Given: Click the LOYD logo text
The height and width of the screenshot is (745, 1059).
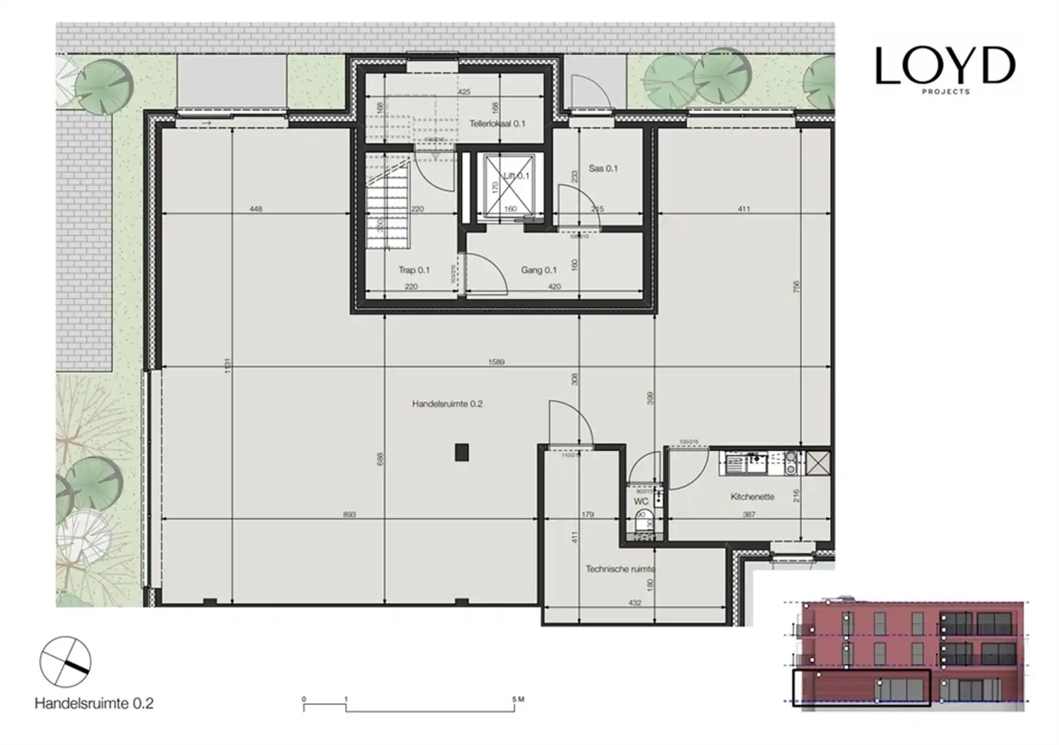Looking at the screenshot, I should (x=945, y=65).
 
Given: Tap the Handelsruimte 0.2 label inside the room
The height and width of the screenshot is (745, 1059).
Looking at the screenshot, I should (x=447, y=404).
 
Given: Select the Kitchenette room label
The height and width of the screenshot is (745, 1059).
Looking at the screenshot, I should (x=752, y=497).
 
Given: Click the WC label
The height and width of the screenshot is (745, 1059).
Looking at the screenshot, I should (x=641, y=502).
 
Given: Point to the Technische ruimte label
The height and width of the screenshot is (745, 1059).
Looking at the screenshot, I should (x=620, y=569).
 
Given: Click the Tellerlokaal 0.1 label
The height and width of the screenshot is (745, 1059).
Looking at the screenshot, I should (x=497, y=124).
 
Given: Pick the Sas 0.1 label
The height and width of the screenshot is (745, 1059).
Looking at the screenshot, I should (x=603, y=169).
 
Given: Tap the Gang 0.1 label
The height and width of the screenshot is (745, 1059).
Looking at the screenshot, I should (x=539, y=270).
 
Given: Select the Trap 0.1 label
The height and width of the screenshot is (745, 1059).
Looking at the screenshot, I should (x=414, y=270).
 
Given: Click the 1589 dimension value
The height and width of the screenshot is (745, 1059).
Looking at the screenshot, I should (x=496, y=362).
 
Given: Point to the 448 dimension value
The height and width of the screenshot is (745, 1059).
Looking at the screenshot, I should (x=256, y=209).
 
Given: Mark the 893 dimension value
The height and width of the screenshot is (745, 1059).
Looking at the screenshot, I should (x=349, y=515).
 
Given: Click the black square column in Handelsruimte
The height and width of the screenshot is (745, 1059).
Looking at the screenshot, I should (x=462, y=452).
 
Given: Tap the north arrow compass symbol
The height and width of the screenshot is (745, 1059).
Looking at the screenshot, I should (x=65, y=661).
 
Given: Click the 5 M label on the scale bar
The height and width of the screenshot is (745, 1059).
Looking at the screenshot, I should (x=518, y=699).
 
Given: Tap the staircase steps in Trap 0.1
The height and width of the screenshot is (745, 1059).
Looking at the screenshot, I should (x=387, y=216).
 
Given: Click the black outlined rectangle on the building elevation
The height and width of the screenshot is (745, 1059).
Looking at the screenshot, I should (x=861, y=688).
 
